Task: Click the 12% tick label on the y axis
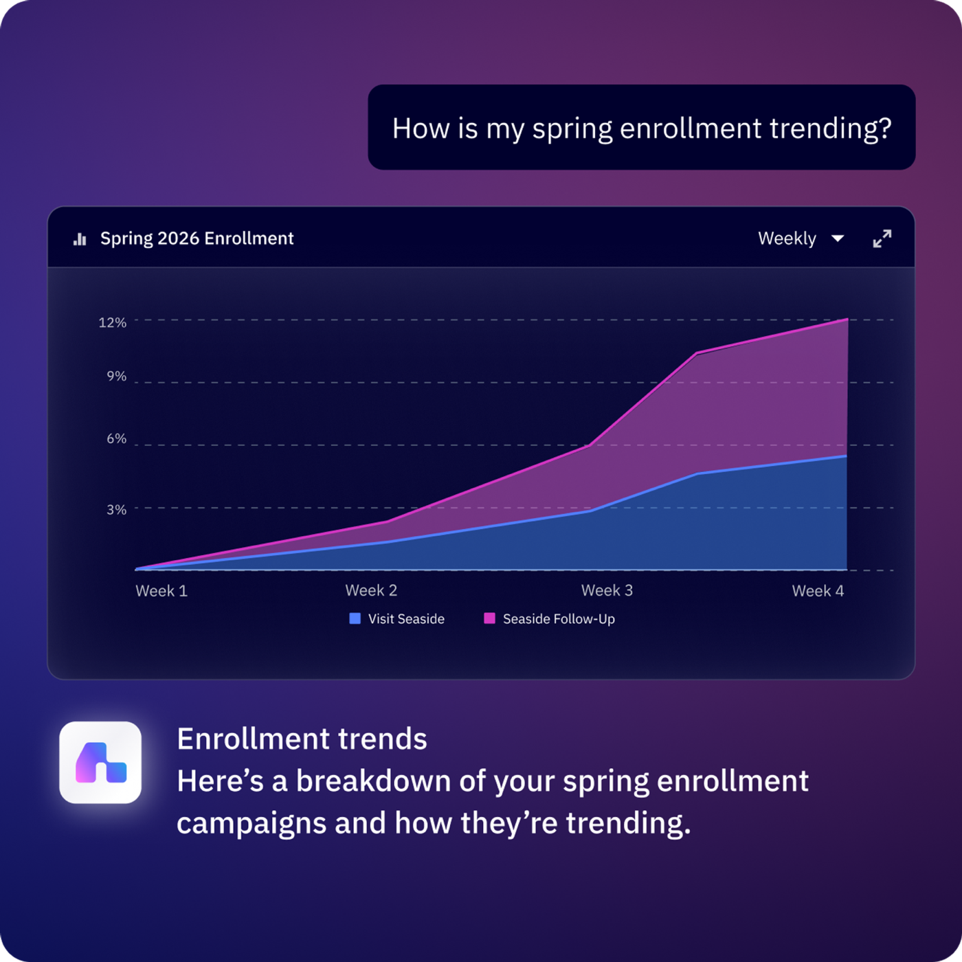tap(112, 322)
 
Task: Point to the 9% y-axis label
tap(116, 376)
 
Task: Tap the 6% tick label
tap(116, 438)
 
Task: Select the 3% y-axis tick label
tap(116, 509)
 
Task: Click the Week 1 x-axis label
tap(161, 591)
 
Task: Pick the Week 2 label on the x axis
tap(371, 590)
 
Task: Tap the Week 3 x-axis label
tap(607, 590)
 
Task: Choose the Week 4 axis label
tap(818, 591)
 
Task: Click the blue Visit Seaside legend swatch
tap(355, 618)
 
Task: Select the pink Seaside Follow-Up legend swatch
tap(490, 618)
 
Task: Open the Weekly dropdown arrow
tap(838, 238)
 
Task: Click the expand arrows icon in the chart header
tap(882, 238)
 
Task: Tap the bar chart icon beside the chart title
tap(80, 239)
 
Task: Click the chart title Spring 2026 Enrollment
tap(197, 238)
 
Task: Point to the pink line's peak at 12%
tap(847, 319)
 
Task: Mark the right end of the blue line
tap(846, 456)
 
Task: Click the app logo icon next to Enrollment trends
tap(100, 762)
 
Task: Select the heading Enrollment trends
tap(302, 739)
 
